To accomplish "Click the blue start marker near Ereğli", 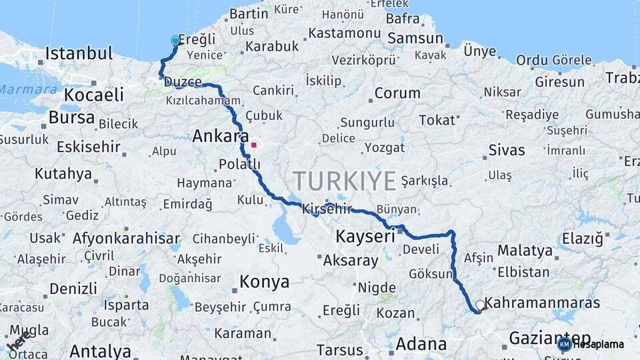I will [175, 41].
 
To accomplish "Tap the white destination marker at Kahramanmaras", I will [480, 305].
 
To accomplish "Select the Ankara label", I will [216, 137].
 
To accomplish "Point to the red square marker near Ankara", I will [253, 145].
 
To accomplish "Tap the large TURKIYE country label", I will [345, 181].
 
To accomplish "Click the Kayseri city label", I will [365, 236].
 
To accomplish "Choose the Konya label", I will [265, 282].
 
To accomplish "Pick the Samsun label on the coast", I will [415, 39].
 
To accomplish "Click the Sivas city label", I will [507, 149].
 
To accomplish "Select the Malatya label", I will [525, 251].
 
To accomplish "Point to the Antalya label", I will [100, 351].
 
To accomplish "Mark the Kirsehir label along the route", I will [327, 209].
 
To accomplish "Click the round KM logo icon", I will [564, 344].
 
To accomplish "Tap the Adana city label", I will [421, 344].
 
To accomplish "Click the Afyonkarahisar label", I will [126, 238].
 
